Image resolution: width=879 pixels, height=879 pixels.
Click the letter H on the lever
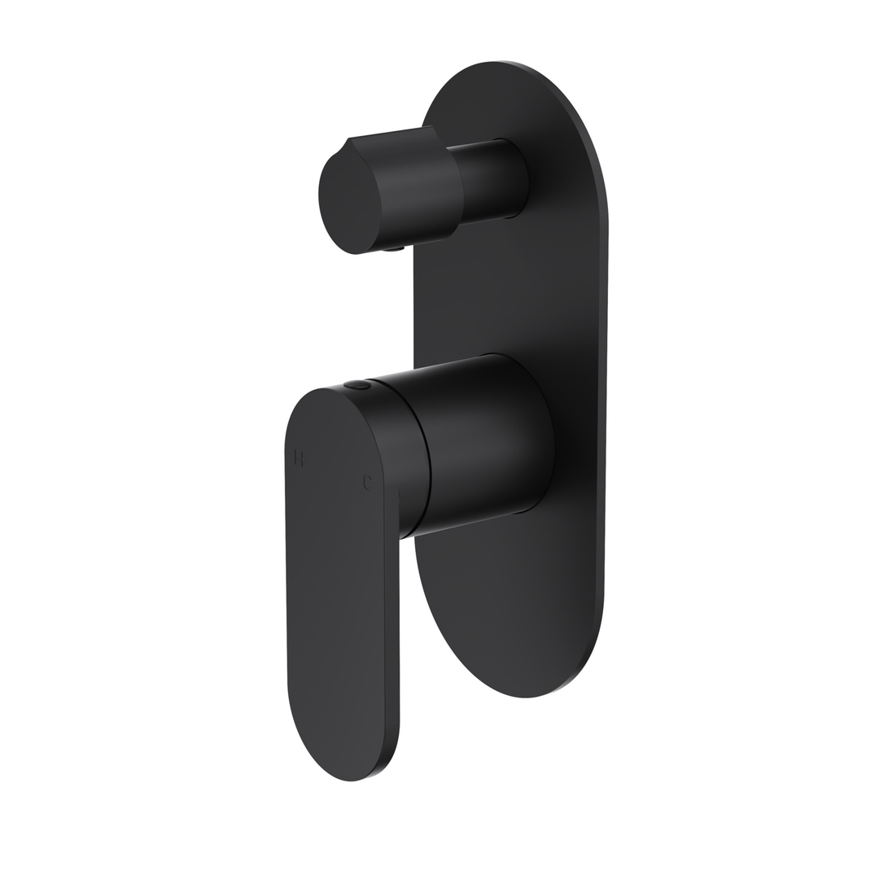[x=299, y=458]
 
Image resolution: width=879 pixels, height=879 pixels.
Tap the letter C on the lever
[x=367, y=483]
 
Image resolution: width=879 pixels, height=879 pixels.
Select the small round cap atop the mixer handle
[x=357, y=385]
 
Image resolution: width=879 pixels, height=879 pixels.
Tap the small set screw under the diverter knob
[x=392, y=249]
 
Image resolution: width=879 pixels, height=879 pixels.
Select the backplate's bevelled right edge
[x=603, y=407]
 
